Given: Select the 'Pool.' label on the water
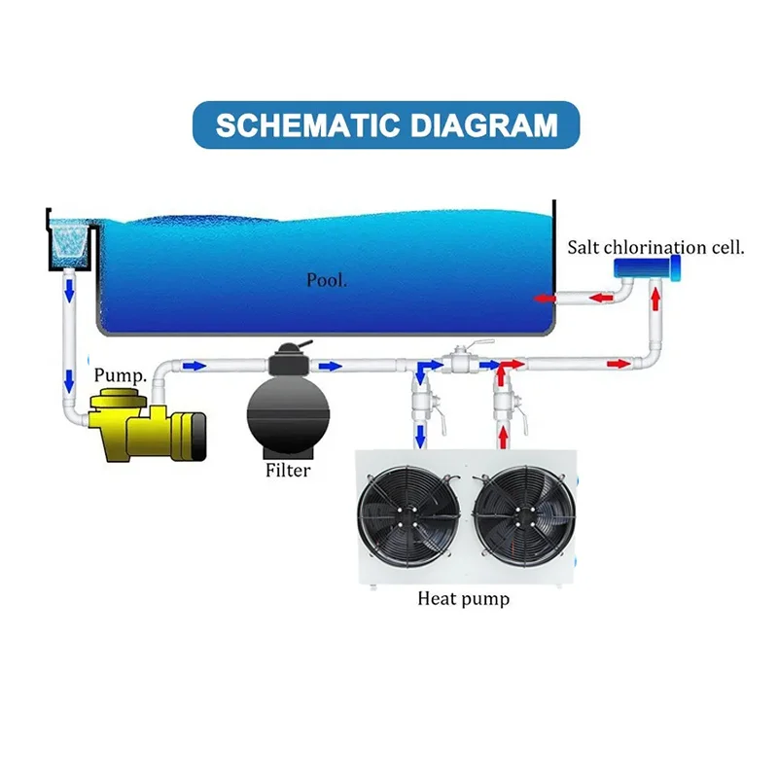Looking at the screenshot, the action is click(327, 280).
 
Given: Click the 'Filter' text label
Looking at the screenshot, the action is click(288, 471).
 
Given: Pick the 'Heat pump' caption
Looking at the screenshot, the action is click(463, 598).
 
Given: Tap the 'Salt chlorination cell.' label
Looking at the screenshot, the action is click(656, 247).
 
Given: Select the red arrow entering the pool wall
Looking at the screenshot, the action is click(546, 298).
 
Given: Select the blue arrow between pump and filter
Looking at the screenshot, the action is click(194, 366).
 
